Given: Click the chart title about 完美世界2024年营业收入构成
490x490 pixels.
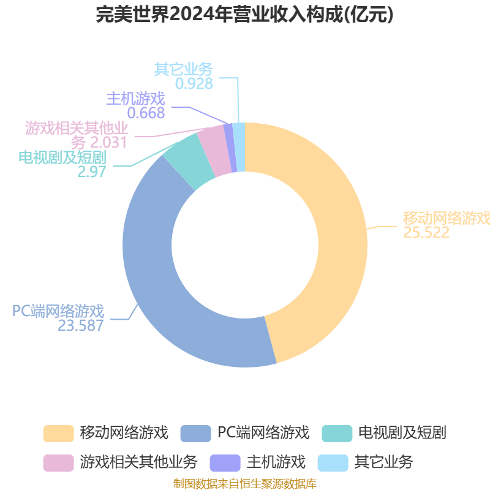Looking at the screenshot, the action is [244, 15].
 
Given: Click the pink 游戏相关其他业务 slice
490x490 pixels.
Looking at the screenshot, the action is [214, 151].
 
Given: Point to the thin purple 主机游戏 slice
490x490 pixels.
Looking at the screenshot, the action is [231, 148].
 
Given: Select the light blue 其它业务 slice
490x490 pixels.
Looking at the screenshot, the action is [239, 147].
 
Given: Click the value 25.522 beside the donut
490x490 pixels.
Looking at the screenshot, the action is [426, 233].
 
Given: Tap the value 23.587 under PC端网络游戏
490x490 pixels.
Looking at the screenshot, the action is [81, 326].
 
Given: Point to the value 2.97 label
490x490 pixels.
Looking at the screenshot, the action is [92, 171].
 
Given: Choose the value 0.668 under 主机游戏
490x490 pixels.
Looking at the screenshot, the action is [146, 113].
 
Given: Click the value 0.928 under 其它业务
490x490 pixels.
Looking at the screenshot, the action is [194, 83].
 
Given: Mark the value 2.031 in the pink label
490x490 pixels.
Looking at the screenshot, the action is [108, 143].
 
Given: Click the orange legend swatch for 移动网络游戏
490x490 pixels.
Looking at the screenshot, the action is [58, 434].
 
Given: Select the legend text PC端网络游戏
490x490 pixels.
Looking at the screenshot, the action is [263, 433].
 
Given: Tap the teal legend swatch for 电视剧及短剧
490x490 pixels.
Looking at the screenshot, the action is [337, 434].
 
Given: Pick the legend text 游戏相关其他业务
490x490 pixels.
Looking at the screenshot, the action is [138, 462].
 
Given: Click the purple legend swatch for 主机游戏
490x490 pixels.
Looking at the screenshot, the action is [225, 463].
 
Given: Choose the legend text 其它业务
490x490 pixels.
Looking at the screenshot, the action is [383, 462].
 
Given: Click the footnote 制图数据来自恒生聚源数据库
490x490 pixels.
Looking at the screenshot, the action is [245, 484].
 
